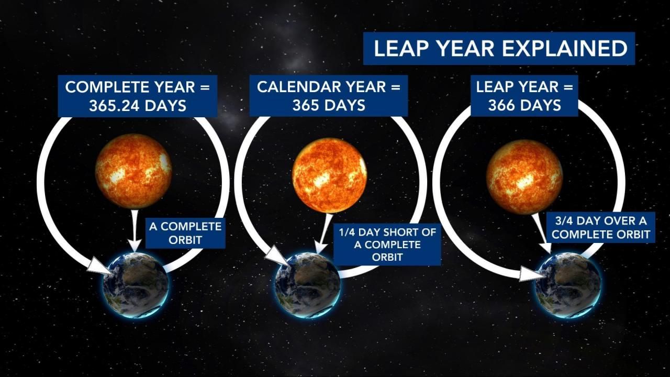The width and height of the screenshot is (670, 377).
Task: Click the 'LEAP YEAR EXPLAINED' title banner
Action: click(499, 49)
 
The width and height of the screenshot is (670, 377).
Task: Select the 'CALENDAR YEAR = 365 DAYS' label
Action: click(328, 96)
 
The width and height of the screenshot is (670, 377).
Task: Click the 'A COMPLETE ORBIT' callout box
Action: click(185, 234)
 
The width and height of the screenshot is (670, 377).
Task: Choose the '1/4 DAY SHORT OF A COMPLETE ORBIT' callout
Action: click(387, 245)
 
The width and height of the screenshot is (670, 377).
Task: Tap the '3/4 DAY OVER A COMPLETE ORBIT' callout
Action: click(600, 228)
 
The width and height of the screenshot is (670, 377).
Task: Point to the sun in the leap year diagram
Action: click(524, 177)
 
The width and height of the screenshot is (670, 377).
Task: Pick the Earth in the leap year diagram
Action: click(568, 285)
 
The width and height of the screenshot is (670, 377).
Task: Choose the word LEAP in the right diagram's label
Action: click(495, 87)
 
